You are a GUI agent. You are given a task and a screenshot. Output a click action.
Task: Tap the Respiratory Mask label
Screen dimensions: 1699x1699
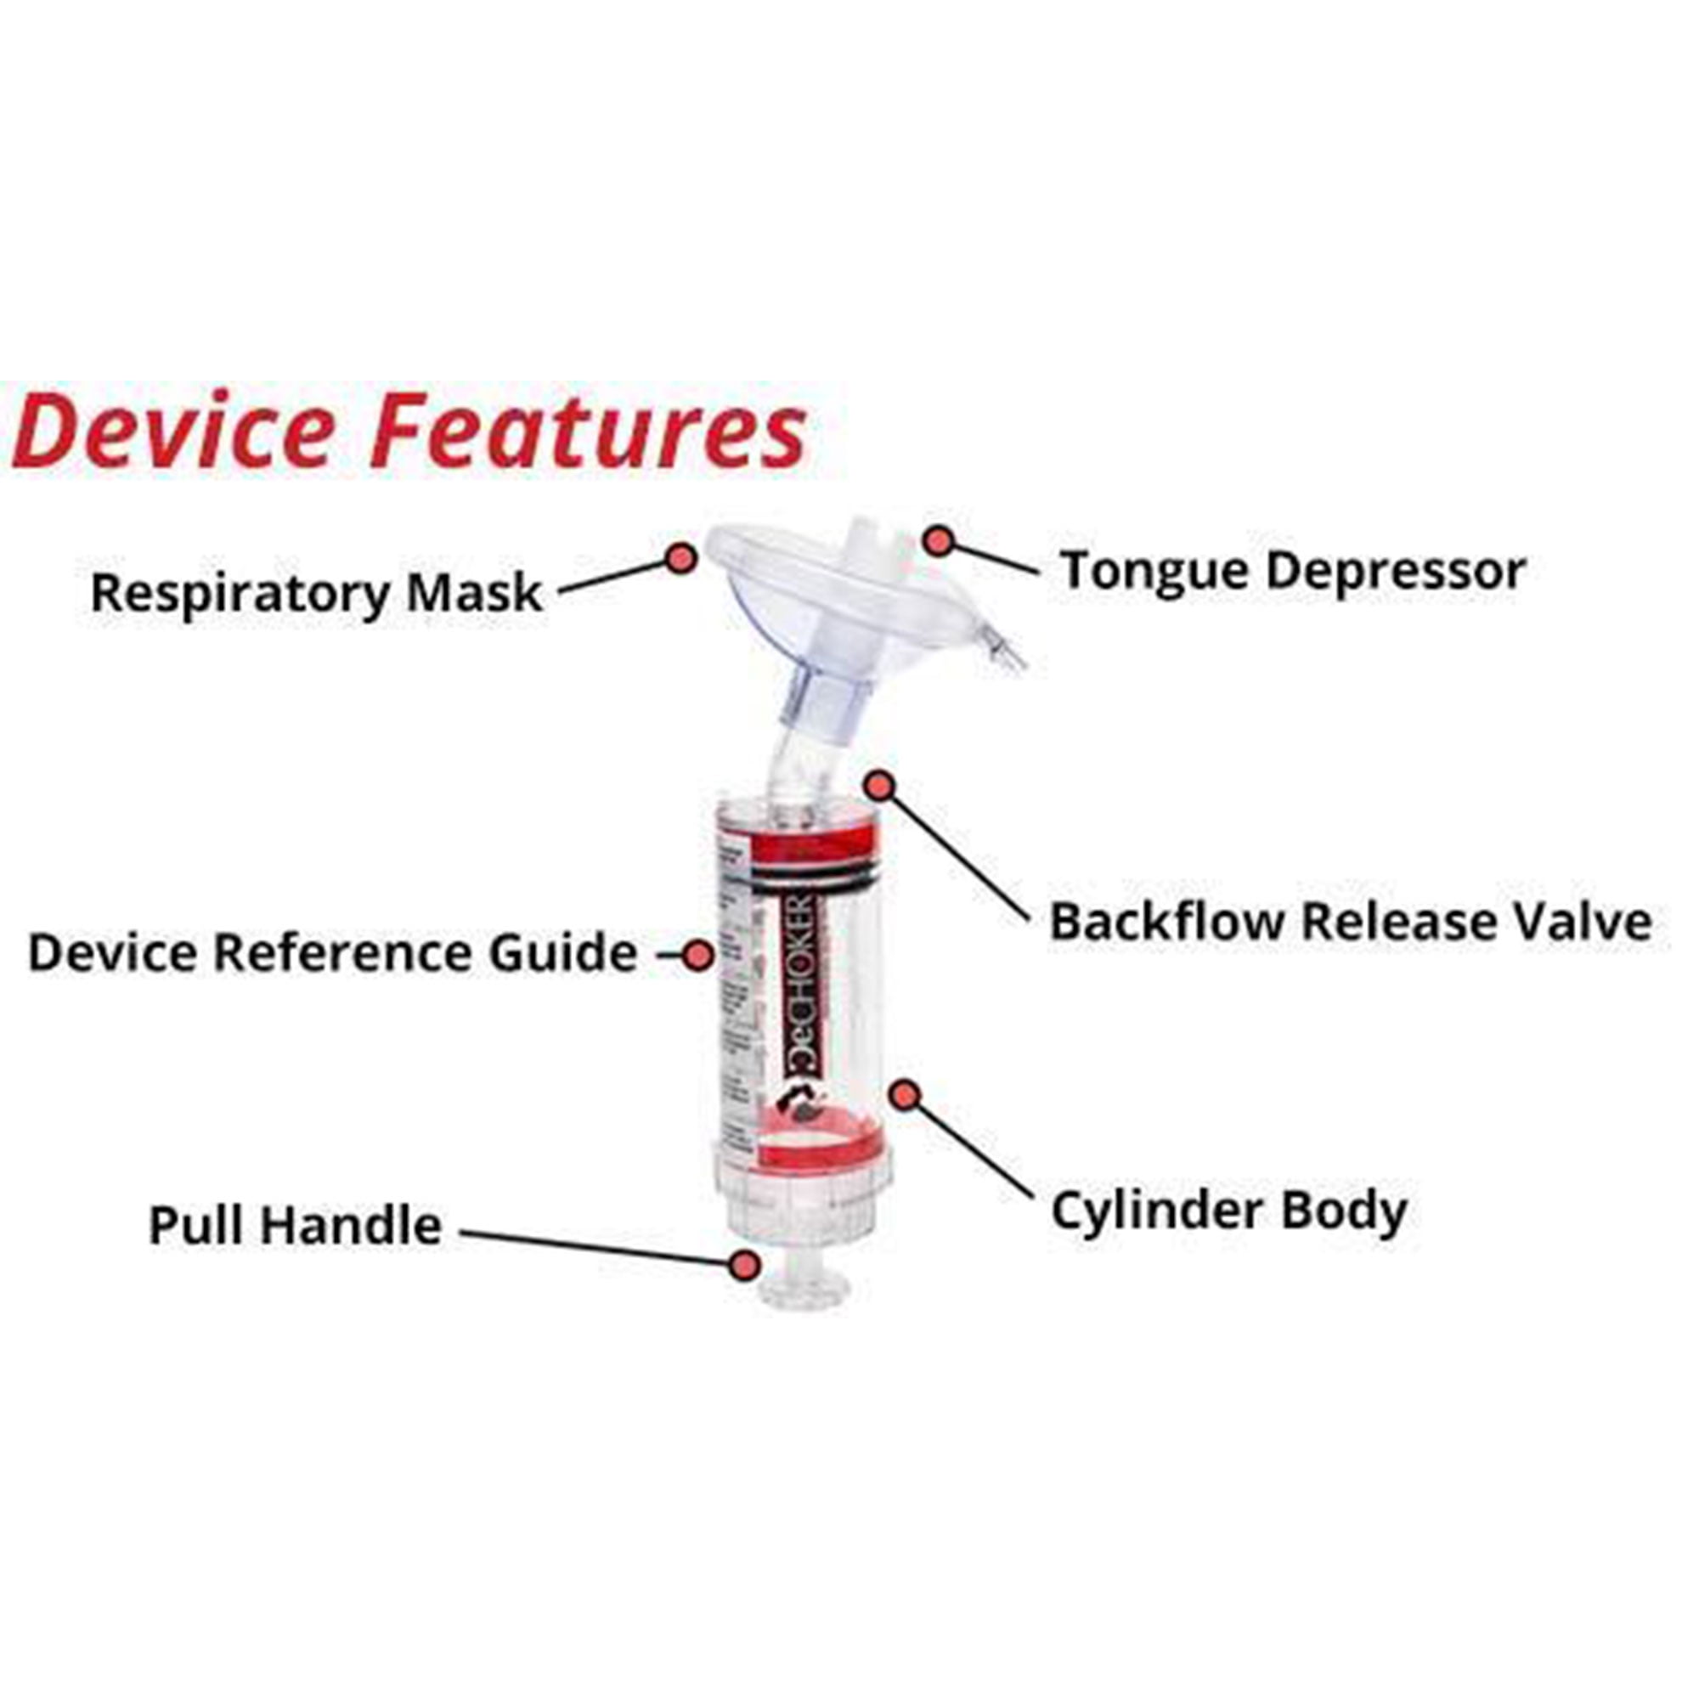point(317,594)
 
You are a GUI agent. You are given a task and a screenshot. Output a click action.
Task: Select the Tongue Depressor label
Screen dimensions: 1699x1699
point(1292,571)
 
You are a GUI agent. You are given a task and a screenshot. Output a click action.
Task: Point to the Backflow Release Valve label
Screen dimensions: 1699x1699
point(1350,923)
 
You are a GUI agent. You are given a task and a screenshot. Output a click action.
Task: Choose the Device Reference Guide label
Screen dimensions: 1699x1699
point(332,953)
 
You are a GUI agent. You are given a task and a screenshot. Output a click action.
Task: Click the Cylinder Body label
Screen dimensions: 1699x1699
point(1228,1213)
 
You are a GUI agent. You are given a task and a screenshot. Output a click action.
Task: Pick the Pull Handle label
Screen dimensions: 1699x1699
point(295,1226)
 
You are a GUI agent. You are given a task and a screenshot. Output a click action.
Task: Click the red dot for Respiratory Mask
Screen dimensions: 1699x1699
point(680,557)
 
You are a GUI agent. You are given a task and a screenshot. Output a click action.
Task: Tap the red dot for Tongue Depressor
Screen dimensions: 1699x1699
point(939,541)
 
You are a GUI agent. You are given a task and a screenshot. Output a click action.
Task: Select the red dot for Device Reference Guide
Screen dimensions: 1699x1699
point(699,954)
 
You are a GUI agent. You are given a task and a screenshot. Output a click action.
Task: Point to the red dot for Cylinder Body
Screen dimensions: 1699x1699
point(905,1096)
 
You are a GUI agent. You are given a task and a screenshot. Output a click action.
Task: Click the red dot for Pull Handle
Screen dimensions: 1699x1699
point(745,1266)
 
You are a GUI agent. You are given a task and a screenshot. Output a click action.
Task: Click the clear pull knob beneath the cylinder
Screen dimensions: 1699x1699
point(804,1290)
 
